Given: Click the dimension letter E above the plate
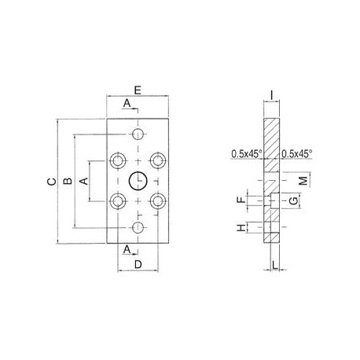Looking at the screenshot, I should coord(138,91).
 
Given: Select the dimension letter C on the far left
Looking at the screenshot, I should coord(50,182).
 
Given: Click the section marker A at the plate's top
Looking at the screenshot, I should coord(127,104).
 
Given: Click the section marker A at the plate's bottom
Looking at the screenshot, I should coord(127,248).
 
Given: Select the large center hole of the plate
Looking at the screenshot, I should coord(138,181).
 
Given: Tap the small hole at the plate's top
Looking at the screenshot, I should coord(138,132).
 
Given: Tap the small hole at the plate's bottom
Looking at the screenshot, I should coord(138,228).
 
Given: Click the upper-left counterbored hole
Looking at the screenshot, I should coord(118,160).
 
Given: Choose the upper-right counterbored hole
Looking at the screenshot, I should coord(158,160).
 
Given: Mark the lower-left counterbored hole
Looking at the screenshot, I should coord(118,201).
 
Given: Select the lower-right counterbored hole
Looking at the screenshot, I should coord(158,201).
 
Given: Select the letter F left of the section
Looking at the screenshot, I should coord(241,201).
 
